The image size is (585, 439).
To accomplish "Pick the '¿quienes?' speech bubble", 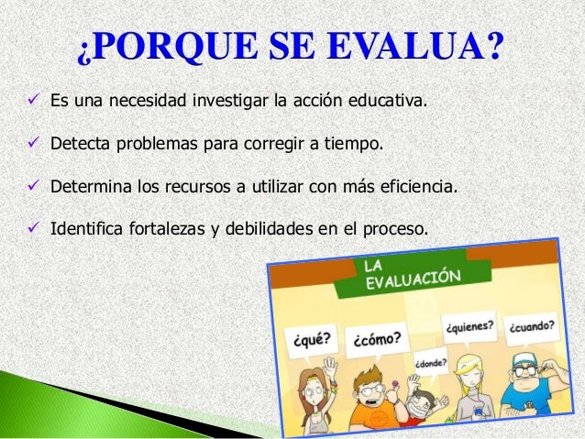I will (x=470, y=326).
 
